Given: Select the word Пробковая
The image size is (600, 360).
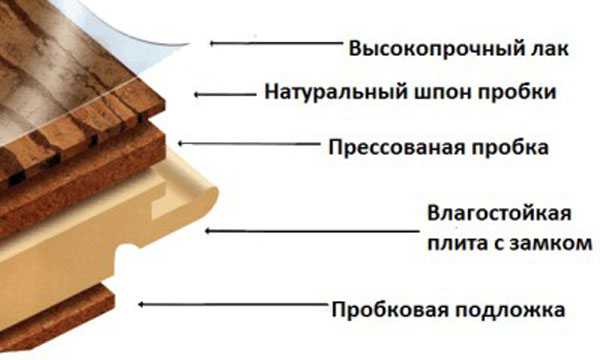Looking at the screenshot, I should [x=378, y=308].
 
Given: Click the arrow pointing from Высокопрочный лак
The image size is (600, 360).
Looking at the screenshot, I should [x=269, y=43].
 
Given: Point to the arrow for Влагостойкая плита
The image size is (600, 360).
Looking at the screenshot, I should [x=259, y=230].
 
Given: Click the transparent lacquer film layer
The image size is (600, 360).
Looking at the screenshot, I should [x=150, y=30].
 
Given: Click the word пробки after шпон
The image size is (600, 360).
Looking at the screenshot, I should [x=518, y=93].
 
